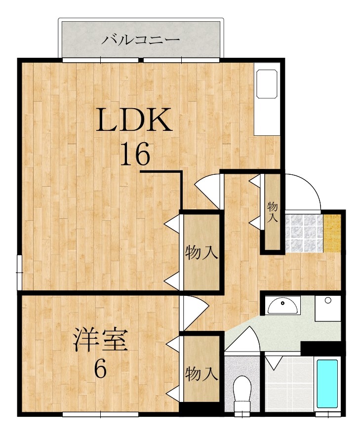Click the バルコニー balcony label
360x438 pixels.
point(140,40)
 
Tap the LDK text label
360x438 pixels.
point(134,120)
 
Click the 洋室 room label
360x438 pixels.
point(101,341)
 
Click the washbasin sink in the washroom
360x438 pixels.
point(282,306)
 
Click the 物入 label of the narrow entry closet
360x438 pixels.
point(272,212)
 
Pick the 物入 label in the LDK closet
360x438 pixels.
point(201,253)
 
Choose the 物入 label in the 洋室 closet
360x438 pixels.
point(201,374)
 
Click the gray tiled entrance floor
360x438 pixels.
point(302,233)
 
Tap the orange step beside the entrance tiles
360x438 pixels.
point(333,233)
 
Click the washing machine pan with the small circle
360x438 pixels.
point(328,308)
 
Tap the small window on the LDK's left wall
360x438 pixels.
point(19,272)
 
